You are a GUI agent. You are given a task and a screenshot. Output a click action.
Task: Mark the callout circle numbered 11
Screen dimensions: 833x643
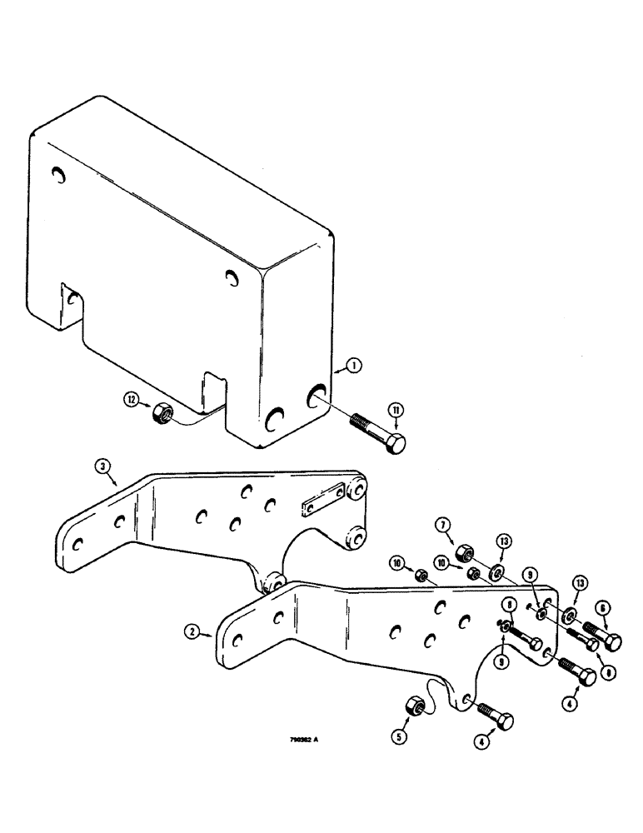(396, 409)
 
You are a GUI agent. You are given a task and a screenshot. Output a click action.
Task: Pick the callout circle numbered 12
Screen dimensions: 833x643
(132, 400)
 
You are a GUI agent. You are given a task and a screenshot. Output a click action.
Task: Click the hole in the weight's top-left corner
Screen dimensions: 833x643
(57, 176)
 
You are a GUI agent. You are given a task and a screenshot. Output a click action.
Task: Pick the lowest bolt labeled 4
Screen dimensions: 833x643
(497, 716)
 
